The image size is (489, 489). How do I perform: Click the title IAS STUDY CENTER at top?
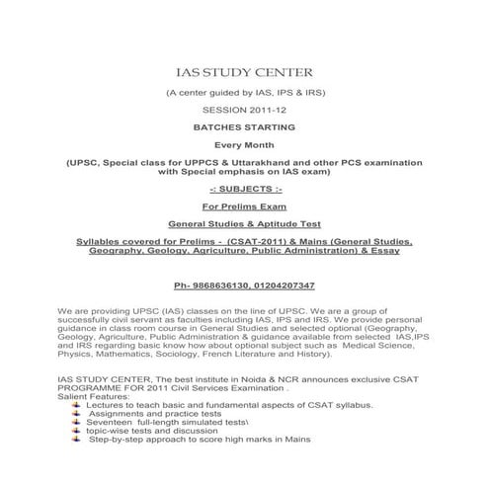coord(243,72)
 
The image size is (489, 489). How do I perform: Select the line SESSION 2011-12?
coord(243,111)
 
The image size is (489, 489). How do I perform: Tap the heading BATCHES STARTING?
coord(243,128)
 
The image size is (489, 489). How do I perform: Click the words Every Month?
coord(243,146)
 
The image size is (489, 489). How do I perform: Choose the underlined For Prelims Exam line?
coord(243,206)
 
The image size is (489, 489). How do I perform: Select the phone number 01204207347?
coord(285,285)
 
